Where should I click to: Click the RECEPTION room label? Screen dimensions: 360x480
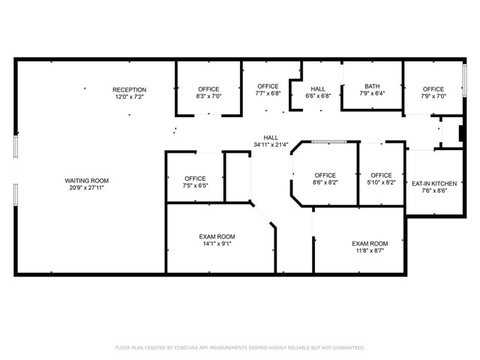click(x=130, y=89)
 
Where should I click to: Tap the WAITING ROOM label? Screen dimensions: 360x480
click(x=87, y=180)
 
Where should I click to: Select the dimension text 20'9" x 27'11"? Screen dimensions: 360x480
click(x=87, y=187)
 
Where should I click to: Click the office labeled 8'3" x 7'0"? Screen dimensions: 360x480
click(x=208, y=93)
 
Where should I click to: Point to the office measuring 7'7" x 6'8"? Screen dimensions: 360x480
click(x=268, y=90)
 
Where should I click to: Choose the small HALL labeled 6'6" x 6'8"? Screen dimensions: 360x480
click(x=318, y=92)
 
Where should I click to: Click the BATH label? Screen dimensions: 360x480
click(x=372, y=86)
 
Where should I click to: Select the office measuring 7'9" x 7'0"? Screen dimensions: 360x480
click(x=433, y=93)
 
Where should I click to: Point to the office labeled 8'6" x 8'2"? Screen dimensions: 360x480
click(x=325, y=178)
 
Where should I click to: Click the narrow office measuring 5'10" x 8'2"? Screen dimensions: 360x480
click(x=381, y=178)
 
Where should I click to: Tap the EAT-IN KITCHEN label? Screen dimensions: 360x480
click(x=434, y=182)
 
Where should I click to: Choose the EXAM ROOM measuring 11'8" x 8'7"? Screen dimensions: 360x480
click(x=370, y=247)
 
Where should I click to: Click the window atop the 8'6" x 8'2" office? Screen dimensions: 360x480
click(x=329, y=141)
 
